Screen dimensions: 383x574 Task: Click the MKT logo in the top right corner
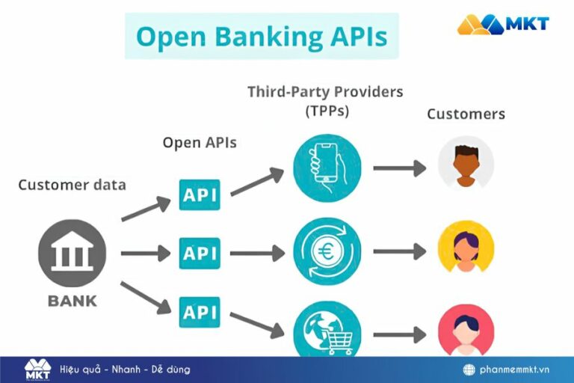point(503,24)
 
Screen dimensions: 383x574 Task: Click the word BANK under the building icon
point(72,301)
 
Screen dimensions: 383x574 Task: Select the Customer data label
point(72,184)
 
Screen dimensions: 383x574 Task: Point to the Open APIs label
point(200,142)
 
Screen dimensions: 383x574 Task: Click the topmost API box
point(200,194)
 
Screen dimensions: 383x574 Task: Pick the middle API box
point(200,254)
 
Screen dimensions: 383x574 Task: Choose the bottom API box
point(200,311)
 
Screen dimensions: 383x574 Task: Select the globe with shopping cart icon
point(327,330)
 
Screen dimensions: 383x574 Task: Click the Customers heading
point(466,114)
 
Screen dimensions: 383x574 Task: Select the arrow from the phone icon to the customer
point(399,168)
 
